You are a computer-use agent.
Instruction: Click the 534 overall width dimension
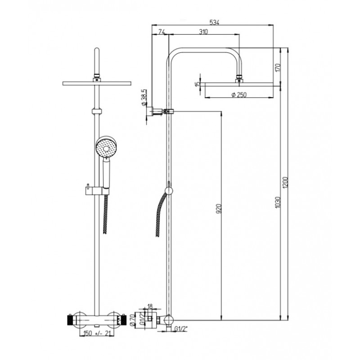215,22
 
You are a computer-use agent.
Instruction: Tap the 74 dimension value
162,31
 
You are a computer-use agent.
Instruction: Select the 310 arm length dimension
203,31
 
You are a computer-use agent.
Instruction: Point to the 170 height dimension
278,67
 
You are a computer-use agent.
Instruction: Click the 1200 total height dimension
285,183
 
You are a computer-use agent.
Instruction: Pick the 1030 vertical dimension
278,202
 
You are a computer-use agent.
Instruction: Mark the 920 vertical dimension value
219,208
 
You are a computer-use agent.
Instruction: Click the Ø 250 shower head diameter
239,94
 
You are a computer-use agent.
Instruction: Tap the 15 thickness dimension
198,84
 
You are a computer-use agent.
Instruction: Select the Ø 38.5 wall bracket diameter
144,98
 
